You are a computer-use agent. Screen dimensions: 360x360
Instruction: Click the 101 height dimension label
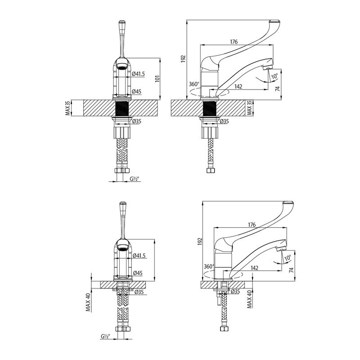point(157,78)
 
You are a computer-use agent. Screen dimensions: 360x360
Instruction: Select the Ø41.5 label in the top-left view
point(139,74)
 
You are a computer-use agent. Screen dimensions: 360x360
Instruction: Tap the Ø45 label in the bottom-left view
point(138,273)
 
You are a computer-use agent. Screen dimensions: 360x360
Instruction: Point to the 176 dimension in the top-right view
point(234,41)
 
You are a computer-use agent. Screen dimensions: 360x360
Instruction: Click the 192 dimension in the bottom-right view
point(200,241)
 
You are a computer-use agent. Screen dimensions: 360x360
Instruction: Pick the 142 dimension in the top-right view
point(238,86)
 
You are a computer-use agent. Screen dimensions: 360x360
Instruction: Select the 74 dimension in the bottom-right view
point(291,270)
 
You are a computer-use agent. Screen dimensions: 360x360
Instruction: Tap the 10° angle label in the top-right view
point(274,76)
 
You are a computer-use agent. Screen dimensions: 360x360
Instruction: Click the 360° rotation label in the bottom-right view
point(209,266)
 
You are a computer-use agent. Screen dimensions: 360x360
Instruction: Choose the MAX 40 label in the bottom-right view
point(250,299)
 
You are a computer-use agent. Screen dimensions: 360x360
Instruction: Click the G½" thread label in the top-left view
point(135,179)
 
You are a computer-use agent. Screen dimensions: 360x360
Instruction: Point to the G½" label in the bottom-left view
point(105,336)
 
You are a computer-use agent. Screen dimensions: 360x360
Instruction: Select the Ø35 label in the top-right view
point(224,121)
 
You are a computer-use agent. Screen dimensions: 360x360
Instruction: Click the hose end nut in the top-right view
point(211,170)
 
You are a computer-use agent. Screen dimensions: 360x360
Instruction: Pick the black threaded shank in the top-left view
point(121,108)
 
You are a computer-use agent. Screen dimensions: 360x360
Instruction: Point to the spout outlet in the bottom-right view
point(280,249)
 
